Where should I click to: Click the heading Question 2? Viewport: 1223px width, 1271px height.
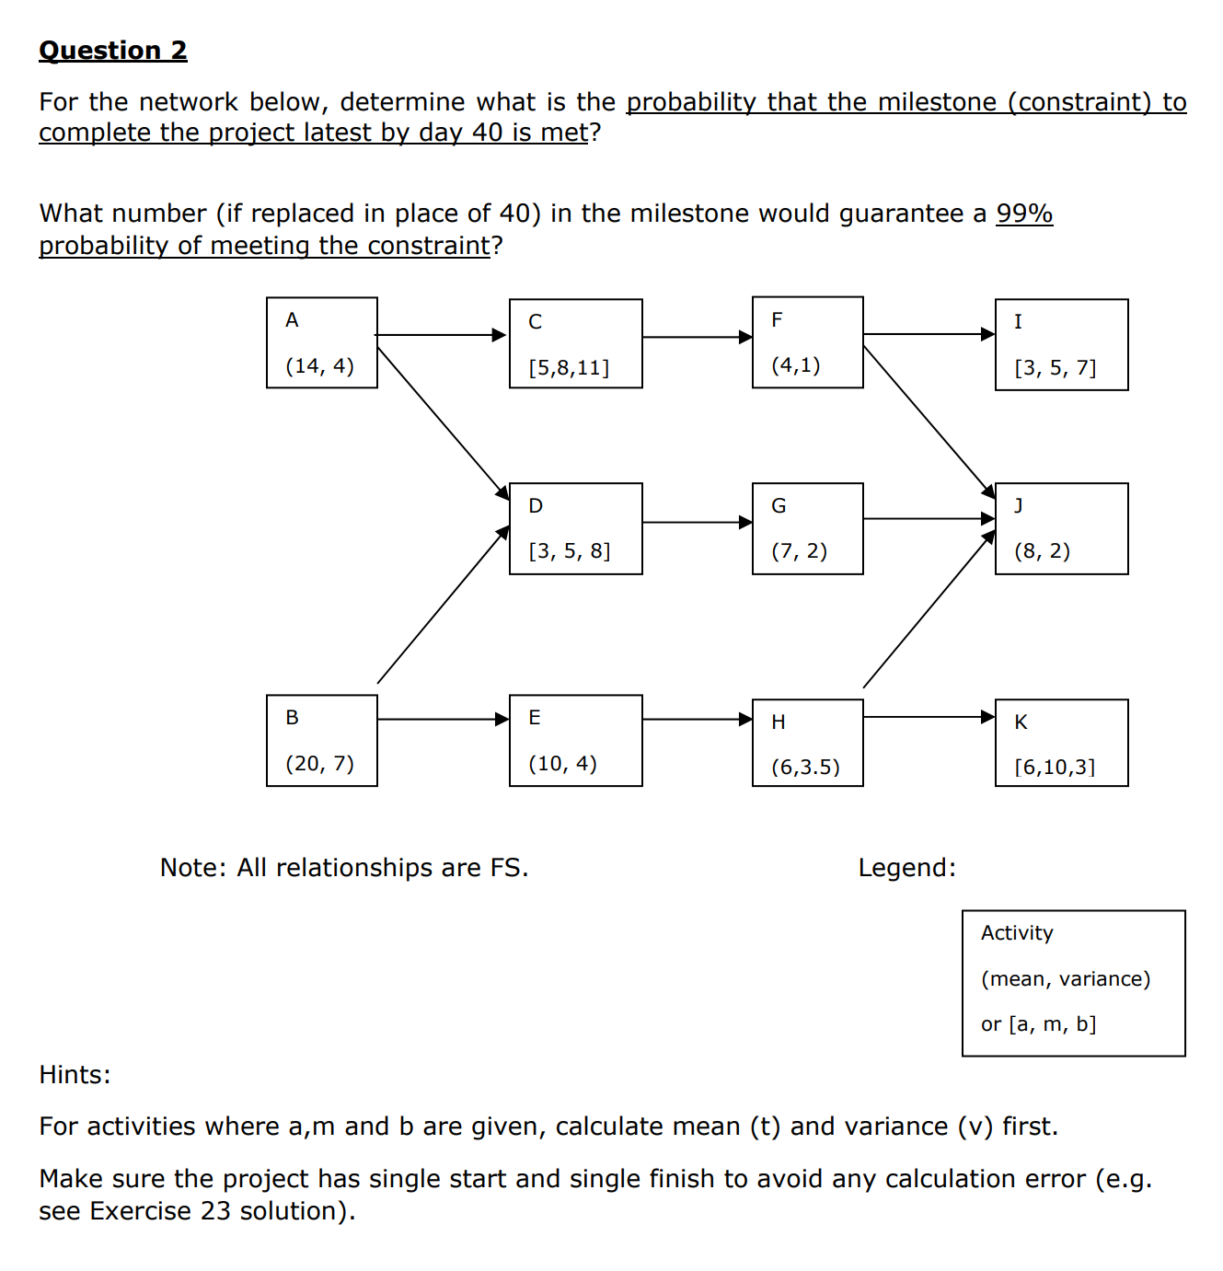tap(112, 51)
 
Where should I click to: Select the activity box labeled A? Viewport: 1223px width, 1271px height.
tap(321, 342)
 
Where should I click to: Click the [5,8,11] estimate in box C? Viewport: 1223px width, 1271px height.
tap(569, 368)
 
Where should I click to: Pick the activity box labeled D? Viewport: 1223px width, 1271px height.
tap(575, 528)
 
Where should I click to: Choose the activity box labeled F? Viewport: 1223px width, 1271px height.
tap(807, 342)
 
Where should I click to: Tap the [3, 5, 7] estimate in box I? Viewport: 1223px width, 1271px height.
tap(1055, 368)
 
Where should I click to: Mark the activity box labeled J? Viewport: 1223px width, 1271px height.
tap(1061, 528)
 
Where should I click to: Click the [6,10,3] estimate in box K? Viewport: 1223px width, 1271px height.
tap(1055, 767)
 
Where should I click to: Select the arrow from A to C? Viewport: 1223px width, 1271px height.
tap(442, 335)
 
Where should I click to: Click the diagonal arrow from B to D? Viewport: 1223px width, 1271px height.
tap(443, 605)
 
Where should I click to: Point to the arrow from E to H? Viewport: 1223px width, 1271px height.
tap(697, 719)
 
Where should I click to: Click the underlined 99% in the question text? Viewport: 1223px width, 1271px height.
tap(1024, 214)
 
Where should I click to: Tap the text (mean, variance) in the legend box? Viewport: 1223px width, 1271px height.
tap(1066, 978)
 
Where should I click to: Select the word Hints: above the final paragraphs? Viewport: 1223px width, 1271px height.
tap(75, 1075)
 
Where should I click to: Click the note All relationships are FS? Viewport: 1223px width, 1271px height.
tap(344, 868)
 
